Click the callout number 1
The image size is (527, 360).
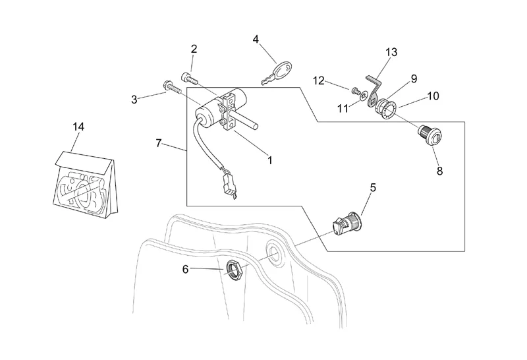(x=269, y=159)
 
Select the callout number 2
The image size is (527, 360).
(x=194, y=49)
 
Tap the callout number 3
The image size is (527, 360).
(x=134, y=100)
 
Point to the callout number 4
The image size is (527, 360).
(x=256, y=39)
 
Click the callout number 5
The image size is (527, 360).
(x=372, y=188)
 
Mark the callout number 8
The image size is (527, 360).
(x=439, y=171)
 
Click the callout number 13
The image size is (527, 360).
(x=392, y=51)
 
